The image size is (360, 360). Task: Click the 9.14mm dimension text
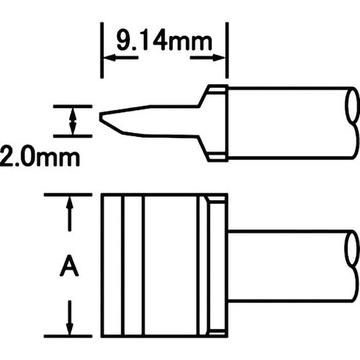[x=164, y=42]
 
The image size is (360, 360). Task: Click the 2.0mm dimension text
[x=40, y=157]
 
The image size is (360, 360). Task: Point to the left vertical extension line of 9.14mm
[x=102, y=50]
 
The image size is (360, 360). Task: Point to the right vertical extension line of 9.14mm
[x=227, y=50]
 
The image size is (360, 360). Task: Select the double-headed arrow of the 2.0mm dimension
[x=73, y=121]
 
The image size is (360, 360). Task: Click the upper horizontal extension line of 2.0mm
[x=73, y=106]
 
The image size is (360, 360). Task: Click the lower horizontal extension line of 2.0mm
[x=73, y=136]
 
